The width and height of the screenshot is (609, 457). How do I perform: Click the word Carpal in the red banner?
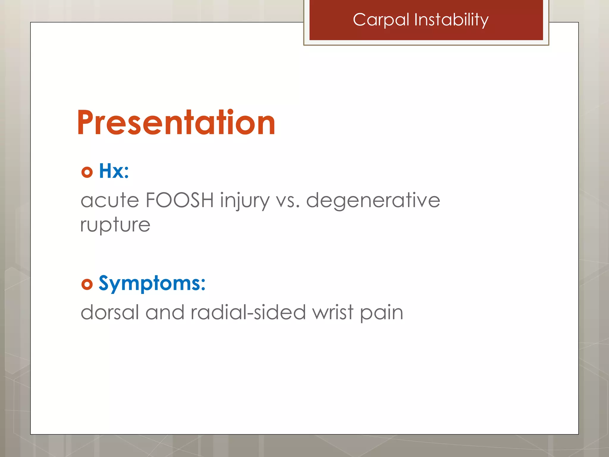click(381, 20)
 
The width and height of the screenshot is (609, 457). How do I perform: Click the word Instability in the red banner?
click(451, 20)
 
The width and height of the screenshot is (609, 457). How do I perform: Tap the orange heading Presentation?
click(176, 123)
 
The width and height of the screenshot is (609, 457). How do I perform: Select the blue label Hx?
click(114, 171)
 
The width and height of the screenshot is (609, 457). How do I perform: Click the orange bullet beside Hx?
click(87, 172)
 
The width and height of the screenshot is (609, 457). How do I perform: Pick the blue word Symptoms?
click(152, 283)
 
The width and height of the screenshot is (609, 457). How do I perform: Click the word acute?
click(110, 200)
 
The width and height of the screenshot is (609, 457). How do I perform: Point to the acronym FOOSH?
click(180, 200)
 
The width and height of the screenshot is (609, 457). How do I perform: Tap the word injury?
click(245, 201)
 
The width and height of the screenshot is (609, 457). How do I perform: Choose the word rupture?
click(115, 225)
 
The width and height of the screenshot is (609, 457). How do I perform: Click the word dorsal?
click(110, 312)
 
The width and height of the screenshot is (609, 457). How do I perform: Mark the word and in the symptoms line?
click(165, 312)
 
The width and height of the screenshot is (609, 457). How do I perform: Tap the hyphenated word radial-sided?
click(248, 312)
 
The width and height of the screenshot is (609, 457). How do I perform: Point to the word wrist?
click(333, 312)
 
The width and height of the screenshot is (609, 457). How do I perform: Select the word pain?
click(382, 314)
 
